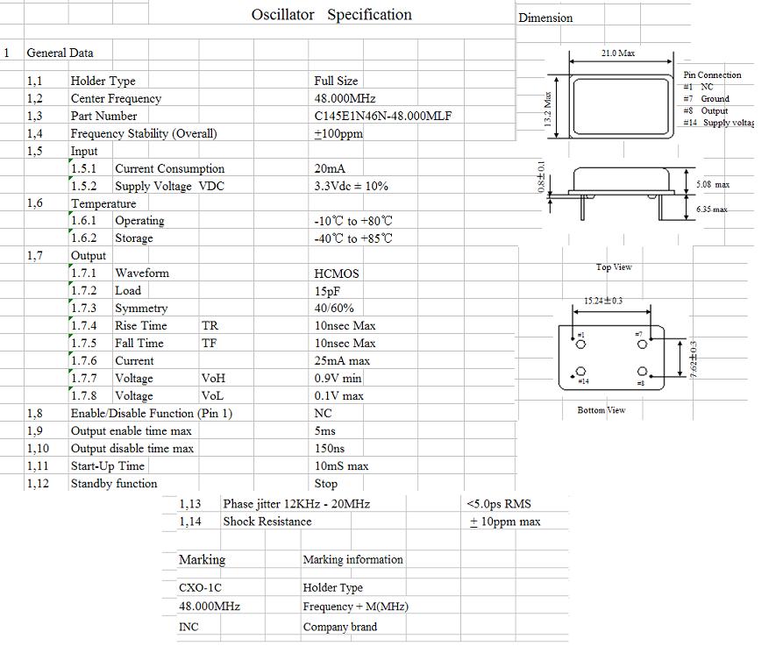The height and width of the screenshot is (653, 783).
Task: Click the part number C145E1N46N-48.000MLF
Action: click(x=383, y=116)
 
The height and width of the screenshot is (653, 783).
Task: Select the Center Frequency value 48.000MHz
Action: click(x=345, y=98)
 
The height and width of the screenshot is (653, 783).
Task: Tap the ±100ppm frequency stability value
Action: click(x=338, y=133)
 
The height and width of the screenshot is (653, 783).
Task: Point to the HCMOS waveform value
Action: click(x=337, y=273)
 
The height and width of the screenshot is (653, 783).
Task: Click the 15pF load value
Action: click(x=327, y=291)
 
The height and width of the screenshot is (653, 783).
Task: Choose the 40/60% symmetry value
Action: click(x=334, y=308)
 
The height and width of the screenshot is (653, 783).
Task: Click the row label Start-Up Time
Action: click(x=107, y=465)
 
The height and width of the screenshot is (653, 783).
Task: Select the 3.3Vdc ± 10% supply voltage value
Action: click(x=351, y=186)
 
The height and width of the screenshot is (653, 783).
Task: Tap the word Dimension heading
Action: click(x=545, y=18)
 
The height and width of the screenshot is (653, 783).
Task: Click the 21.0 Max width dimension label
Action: click(x=618, y=53)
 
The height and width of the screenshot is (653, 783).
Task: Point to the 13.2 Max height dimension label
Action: click(x=548, y=109)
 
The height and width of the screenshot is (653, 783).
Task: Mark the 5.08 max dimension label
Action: click(x=713, y=184)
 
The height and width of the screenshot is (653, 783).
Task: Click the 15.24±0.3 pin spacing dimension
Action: click(x=603, y=301)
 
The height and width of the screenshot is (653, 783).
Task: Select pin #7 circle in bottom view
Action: click(x=643, y=344)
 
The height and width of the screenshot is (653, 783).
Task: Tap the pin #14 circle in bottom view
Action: click(x=580, y=371)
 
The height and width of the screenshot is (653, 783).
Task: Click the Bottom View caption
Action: click(x=601, y=410)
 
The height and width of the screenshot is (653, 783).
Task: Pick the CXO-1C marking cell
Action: click(x=200, y=587)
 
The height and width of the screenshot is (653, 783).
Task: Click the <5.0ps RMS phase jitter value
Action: click(x=498, y=504)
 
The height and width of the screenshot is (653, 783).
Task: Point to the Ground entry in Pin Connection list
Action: click(x=715, y=98)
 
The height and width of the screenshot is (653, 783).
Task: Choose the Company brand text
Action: click(x=339, y=627)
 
